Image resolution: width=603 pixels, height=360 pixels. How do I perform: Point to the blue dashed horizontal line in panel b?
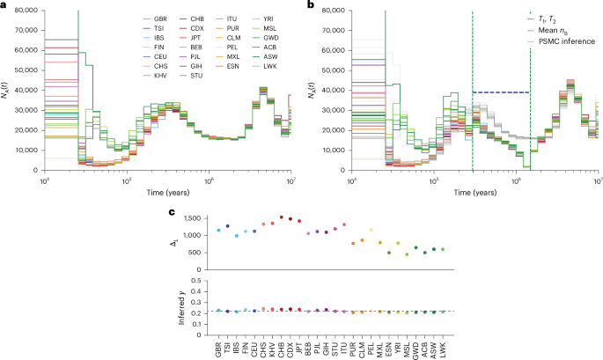pyautogui.click(x=502, y=92)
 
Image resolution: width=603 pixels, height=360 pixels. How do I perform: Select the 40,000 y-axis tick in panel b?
pyautogui.click(x=330, y=90)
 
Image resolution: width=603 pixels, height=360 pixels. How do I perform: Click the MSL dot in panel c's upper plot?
pyautogui.click(x=407, y=254)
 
